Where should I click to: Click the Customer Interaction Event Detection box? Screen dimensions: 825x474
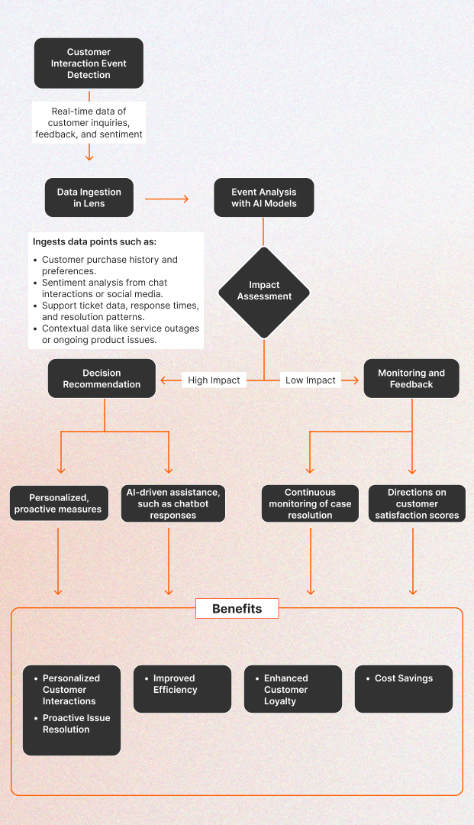[89, 63]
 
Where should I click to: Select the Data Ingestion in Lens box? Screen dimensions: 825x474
[89, 198]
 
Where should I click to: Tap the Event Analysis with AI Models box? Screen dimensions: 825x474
[263, 198]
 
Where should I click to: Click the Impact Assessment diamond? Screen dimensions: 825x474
[264, 291]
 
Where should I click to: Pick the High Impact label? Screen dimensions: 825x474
[214, 380]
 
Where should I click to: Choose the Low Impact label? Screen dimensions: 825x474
[310, 380]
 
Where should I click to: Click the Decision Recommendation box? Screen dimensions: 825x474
[102, 379]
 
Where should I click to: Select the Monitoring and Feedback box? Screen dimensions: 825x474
[411, 379]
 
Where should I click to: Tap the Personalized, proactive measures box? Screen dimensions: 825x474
[58, 503]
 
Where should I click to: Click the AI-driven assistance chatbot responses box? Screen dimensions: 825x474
[173, 503]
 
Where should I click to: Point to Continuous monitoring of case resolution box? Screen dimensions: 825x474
[310, 503]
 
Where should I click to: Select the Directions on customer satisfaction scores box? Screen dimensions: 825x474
[417, 503]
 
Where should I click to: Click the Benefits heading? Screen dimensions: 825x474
[237, 609]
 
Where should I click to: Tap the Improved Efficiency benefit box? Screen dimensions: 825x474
[182, 688]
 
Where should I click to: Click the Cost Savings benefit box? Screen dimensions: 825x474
[404, 688]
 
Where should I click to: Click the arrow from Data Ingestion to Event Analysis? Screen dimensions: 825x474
[166, 199]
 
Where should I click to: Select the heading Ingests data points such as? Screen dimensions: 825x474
[95, 241]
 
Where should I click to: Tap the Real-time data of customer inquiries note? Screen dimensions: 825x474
[89, 123]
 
